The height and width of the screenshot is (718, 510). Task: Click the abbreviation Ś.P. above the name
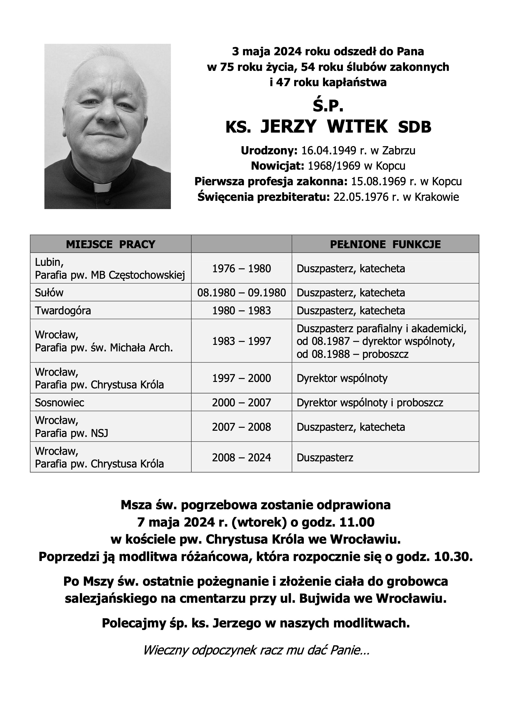coord(328,107)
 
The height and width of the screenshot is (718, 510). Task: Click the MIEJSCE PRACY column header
coord(111,244)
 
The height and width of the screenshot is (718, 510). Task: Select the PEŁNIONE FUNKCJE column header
coord(385,244)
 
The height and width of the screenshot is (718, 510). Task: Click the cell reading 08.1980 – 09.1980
coord(241,293)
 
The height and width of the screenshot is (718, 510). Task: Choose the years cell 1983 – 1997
coord(241,341)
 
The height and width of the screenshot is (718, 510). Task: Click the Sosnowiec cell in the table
coord(59,403)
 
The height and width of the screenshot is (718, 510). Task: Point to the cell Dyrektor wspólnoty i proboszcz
coord(370,403)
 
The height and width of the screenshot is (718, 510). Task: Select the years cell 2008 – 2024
coord(241,457)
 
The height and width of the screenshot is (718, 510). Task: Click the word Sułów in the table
coord(49,293)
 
